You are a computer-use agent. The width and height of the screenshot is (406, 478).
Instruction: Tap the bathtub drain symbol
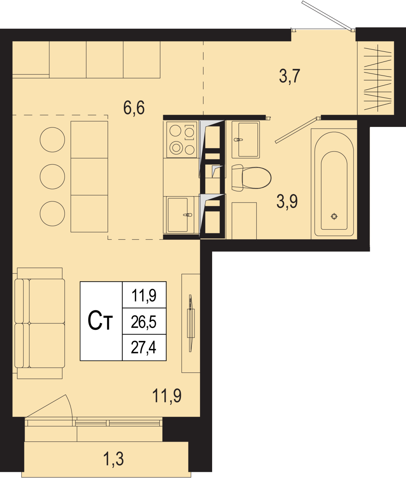click(334, 216)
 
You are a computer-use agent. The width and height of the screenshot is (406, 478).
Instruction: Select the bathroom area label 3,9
click(287, 202)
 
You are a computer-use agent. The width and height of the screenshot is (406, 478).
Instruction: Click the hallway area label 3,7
click(290, 76)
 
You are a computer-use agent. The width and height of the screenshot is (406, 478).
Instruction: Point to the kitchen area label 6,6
click(134, 108)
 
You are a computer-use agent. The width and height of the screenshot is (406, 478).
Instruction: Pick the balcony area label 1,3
click(113, 459)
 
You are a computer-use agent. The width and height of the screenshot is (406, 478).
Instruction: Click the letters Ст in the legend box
click(100, 321)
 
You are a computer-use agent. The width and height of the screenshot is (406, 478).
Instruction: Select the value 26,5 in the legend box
click(144, 322)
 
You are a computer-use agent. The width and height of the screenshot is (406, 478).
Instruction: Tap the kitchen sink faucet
click(188, 215)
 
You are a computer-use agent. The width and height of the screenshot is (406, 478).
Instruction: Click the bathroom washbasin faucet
click(238, 140)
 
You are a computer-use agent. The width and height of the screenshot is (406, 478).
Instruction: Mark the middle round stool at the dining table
click(52, 177)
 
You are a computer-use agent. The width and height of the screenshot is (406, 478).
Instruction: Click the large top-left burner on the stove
click(175, 131)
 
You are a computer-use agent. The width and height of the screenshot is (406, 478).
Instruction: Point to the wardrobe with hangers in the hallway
click(376, 78)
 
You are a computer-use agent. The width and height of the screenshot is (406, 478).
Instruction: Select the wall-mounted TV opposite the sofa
click(191, 323)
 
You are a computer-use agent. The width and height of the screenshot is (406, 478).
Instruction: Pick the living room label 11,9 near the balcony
click(167, 396)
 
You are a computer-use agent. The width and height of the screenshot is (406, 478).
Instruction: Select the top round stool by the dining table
click(52, 140)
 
